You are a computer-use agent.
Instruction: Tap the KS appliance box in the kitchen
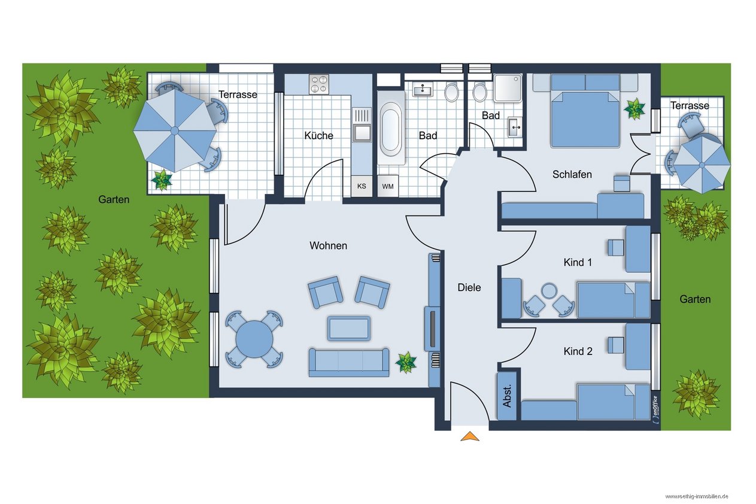362,186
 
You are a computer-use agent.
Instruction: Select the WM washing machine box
388,186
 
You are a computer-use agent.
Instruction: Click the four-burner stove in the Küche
319,84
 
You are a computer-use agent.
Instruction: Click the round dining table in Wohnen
254,339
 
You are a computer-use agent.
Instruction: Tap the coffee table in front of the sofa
348,329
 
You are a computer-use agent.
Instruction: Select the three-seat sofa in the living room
348,363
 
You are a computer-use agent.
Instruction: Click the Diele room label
469,287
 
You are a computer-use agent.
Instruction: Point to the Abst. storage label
507,396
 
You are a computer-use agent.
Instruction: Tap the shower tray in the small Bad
508,88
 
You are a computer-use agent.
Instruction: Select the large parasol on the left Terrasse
175,130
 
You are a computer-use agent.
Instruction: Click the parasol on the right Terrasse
702,165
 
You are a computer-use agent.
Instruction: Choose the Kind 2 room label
578,351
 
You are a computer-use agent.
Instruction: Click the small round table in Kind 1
549,291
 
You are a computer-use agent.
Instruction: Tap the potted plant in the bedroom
634,109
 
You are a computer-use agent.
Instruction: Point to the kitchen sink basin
362,133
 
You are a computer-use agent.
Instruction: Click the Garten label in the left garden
114,199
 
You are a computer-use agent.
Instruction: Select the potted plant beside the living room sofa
406,362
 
